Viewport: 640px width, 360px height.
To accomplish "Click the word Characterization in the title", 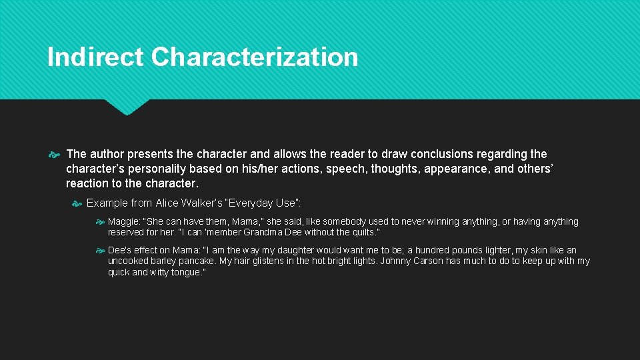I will pos(255,57).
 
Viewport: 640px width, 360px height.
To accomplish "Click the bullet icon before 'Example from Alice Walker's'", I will pos(77,203).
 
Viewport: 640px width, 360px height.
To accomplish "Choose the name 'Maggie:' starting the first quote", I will pos(124,222).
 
